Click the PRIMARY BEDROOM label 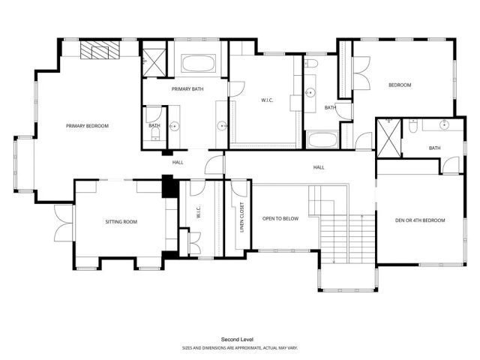pos(87,126)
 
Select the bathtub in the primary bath pos(199,63)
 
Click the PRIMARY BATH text pos(187,89)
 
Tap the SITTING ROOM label pos(120,221)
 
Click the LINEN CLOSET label pos(241,217)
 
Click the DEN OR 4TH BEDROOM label pos(420,220)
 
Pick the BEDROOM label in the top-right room pos(399,85)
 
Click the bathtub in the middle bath pos(322,140)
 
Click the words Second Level pos(238,339)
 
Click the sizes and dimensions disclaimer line pos(238,347)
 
